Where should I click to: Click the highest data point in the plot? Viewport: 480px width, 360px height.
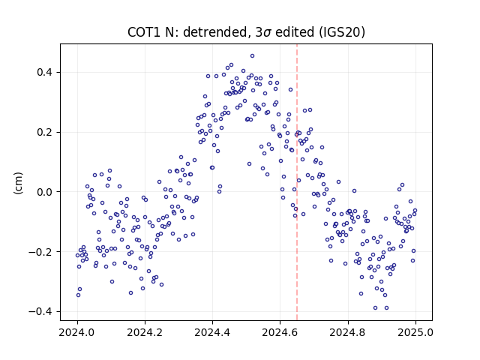click(x=252, y=56)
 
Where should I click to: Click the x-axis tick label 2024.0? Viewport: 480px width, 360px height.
click(x=77, y=332)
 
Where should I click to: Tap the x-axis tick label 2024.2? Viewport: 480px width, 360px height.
click(x=145, y=332)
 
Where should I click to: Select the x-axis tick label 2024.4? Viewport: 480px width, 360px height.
click(x=212, y=332)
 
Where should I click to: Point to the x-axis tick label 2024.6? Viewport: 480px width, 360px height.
click(x=280, y=332)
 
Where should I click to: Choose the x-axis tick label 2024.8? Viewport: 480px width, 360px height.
click(x=348, y=332)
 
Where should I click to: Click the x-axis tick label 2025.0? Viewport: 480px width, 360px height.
click(x=415, y=332)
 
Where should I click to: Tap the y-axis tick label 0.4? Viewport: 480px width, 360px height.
click(x=44, y=73)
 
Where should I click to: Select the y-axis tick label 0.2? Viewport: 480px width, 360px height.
click(x=44, y=132)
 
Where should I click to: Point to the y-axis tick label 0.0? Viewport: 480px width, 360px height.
click(x=44, y=192)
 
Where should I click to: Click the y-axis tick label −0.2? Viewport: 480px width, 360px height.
click(x=40, y=252)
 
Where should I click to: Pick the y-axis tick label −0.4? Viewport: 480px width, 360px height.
click(x=40, y=312)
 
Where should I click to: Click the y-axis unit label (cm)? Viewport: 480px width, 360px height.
click(x=18, y=183)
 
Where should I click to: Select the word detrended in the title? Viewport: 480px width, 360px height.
click(x=215, y=32)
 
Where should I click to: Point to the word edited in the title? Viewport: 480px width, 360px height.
click(x=295, y=32)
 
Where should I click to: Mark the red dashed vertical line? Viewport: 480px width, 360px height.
click(x=297, y=182)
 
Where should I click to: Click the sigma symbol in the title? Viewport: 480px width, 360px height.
click(x=267, y=33)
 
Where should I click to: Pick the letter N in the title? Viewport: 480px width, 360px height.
click(x=169, y=32)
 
